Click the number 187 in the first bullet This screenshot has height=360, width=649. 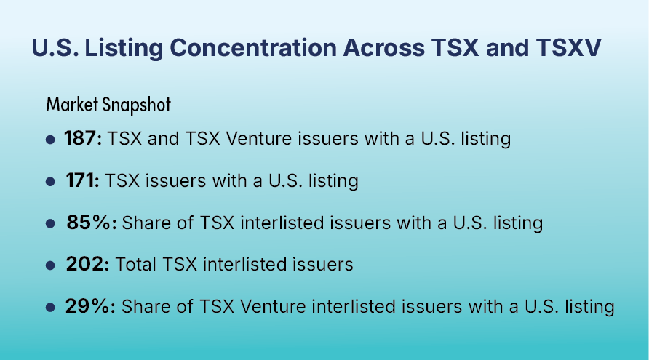point(80,138)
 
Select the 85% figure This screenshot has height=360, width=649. point(88,223)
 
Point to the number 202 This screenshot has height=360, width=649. point(85,264)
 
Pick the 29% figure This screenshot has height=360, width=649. point(87,306)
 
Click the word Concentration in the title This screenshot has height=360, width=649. point(253,47)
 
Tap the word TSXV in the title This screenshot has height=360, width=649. point(568,47)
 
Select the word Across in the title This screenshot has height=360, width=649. point(383,47)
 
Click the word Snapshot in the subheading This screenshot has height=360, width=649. point(137,105)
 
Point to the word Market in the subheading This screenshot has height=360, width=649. point(72,104)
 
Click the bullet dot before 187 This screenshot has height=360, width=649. point(50,140)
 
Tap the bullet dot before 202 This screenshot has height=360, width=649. point(50,265)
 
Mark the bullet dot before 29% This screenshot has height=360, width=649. point(50,308)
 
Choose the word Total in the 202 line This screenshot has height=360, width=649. point(135,264)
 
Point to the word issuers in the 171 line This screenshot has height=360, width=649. point(175,180)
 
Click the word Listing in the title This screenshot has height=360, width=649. point(124,48)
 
